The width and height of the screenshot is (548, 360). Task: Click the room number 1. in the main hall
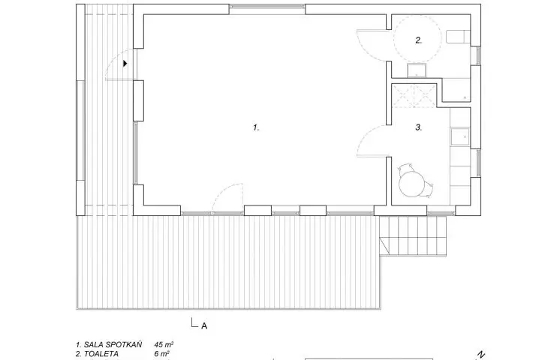pyautogui.click(x=256, y=127)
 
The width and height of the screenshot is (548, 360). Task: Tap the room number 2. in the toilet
pyautogui.click(x=419, y=40)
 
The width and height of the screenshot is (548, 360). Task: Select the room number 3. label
pyautogui.click(x=419, y=127)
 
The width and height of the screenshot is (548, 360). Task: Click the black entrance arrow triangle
pyautogui.click(x=125, y=64)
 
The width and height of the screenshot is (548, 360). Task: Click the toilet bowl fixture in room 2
pyautogui.click(x=458, y=37)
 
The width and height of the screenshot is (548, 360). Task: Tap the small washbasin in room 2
pyautogui.click(x=417, y=70)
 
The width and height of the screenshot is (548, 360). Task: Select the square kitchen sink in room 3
pyautogui.click(x=459, y=136)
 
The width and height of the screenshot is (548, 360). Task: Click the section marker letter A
pyautogui.click(x=204, y=326)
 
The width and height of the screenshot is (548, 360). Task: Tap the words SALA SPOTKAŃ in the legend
pyautogui.click(x=113, y=345)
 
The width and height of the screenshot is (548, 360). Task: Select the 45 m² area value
pyautogui.click(x=164, y=345)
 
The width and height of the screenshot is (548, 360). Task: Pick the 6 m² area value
pyautogui.click(x=162, y=354)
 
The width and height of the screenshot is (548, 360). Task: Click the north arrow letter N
pyautogui.click(x=481, y=355)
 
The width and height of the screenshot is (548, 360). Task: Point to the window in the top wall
pyautogui.click(x=267, y=6)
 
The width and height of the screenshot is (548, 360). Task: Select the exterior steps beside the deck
pyautogui.click(x=413, y=235)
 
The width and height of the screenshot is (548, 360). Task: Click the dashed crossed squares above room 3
pyautogui.click(x=414, y=95)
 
